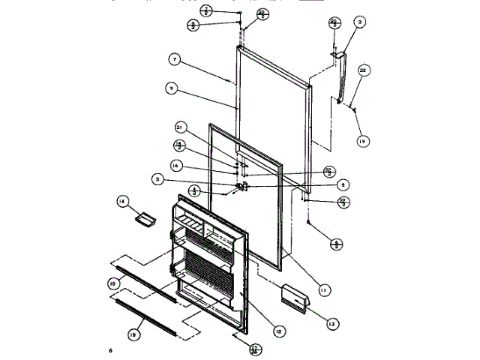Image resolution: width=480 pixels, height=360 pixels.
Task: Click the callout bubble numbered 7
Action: click(x=173, y=58)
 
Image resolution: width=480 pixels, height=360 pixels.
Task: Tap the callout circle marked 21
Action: click(x=180, y=127)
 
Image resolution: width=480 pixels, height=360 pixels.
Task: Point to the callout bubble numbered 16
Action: click(x=177, y=166)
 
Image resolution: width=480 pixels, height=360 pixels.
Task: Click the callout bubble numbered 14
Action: click(x=122, y=201)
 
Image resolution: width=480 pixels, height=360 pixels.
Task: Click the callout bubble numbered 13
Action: click(x=331, y=324)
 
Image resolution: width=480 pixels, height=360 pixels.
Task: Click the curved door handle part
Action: click(x=341, y=79)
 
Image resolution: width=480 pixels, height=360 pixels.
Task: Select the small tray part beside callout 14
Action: click(x=144, y=218)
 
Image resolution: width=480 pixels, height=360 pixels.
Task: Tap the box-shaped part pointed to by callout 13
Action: click(x=294, y=295)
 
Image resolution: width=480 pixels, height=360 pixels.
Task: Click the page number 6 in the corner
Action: click(x=109, y=350)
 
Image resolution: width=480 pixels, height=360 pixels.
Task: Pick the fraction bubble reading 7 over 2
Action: click(x=206, y=10)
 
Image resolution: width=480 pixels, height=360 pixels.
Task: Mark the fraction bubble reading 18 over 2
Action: click(x=178, y=146)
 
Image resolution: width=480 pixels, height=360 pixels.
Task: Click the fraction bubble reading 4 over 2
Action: click(x=194, y=190)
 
